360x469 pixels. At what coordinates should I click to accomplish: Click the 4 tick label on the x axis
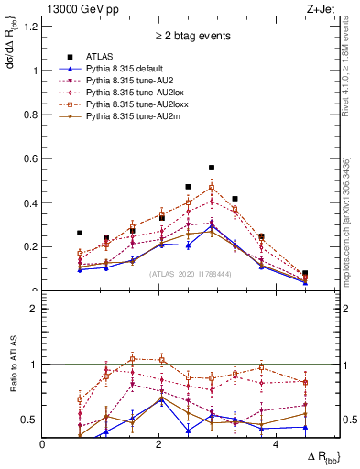tap(276, 444)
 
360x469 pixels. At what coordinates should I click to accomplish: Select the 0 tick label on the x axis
tap(43, 444)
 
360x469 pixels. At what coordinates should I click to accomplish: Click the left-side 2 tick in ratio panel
tap(36, 309)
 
